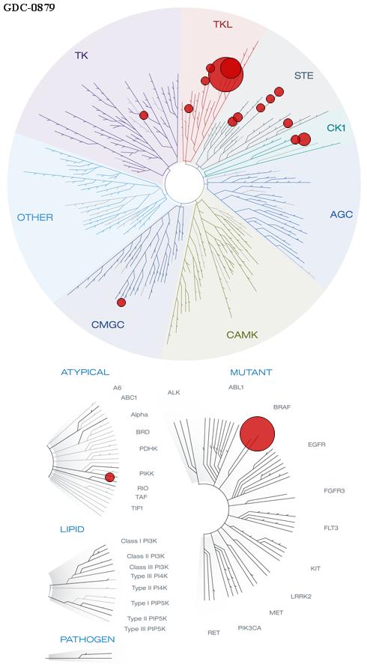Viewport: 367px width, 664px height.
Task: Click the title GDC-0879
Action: tap(29, 7)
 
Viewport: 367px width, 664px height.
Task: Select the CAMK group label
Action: tap(242, 335)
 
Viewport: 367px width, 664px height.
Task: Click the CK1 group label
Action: tap(336, 127)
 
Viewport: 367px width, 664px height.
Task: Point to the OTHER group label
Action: tap(35, 218)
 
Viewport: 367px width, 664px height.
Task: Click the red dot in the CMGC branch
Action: tap(121, 302)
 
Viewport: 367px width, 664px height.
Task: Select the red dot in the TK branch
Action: tap(144, 115)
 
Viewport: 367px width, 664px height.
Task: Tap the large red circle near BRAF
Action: tap(257, 434)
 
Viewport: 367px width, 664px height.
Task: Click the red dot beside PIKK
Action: tap(110, 478)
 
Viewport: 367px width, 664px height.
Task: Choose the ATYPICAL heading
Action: tap(85, 372)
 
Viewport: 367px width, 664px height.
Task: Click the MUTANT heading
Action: tap(251, 373)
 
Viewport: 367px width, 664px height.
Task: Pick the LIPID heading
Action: tap(72, 529)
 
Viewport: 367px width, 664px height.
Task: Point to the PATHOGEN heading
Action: tap(88, 639)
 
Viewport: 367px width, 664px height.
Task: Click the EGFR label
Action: tap(317, 445)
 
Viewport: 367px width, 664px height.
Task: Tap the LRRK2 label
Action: tap(301, 597)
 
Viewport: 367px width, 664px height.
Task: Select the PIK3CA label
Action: tap(249, 627)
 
